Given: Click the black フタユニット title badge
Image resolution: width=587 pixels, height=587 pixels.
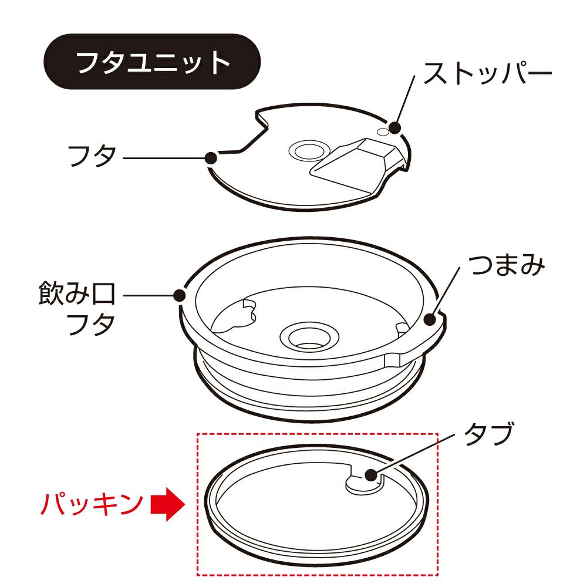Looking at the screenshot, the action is [152, 62].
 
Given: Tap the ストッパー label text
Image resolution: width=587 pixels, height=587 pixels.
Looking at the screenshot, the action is [488, 73].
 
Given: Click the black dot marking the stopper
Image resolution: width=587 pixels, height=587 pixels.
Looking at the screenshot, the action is [395, 127].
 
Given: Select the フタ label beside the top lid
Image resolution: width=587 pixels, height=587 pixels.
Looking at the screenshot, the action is [92, 156].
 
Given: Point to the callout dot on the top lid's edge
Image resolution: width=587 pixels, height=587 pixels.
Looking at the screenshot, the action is [211, 158].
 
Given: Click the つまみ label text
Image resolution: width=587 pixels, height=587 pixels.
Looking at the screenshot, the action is [507, 265].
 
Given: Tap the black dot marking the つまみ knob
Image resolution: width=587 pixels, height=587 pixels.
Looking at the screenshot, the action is [430, 320].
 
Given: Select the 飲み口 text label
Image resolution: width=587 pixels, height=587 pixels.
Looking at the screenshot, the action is [77, 293].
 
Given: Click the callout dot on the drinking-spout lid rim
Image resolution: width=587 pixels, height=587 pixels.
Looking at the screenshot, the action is [180, 295].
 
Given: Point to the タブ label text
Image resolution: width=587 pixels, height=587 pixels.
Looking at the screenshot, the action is [488, 434].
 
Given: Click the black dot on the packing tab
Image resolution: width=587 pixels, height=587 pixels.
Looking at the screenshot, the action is [372, 475].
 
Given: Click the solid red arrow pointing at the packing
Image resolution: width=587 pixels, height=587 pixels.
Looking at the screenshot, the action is [168, 504].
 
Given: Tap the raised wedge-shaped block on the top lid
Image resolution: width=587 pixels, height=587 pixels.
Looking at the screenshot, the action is [354, 165].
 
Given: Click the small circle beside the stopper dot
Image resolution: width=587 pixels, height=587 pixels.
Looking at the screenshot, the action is [383, 131].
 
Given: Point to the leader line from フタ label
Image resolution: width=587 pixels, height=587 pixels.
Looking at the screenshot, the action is [165, 158].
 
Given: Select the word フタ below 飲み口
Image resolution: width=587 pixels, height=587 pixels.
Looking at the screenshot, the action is [92, 323].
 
